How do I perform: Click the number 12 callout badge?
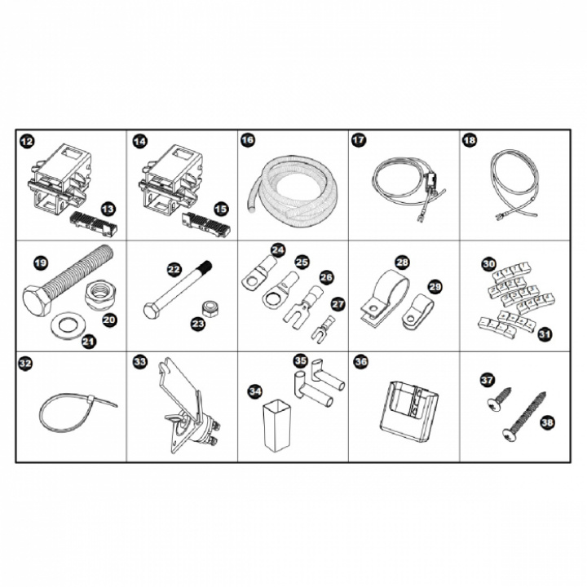click(26, 141)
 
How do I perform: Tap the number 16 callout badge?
click(248, 140)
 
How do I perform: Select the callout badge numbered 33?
click(140, 362)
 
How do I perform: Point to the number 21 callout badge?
click(89, 341)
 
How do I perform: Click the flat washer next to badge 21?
click(68, 325)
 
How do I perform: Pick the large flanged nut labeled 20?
click(99, 295)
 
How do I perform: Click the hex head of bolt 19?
click(37, 301)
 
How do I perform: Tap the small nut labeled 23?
click(209, 309)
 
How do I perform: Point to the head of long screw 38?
click(509, 435)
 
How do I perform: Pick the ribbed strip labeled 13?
click(93, 224)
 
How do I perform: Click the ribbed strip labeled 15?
click(205, 225)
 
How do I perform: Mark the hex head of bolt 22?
click(152, 311)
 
